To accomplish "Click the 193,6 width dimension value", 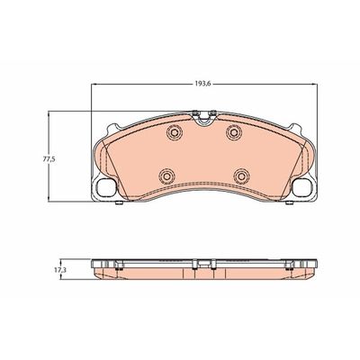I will (x=203, y=85).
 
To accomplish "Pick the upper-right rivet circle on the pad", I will (x=233, y=131).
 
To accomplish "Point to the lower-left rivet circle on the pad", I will (x=166, y=175).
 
